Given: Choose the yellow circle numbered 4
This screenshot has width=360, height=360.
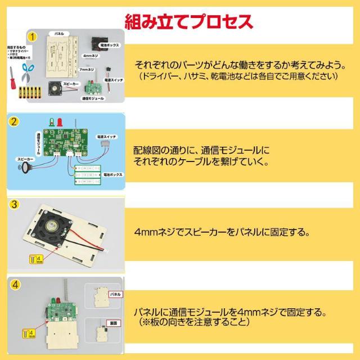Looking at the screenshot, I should click(x=16, y=285).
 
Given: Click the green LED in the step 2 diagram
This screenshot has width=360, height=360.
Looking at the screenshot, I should click(x=52, y=121).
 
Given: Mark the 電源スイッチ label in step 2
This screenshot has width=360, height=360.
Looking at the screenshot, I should click(x=106, y=137).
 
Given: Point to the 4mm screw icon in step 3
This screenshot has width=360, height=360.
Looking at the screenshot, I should click(x=31, y=259).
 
